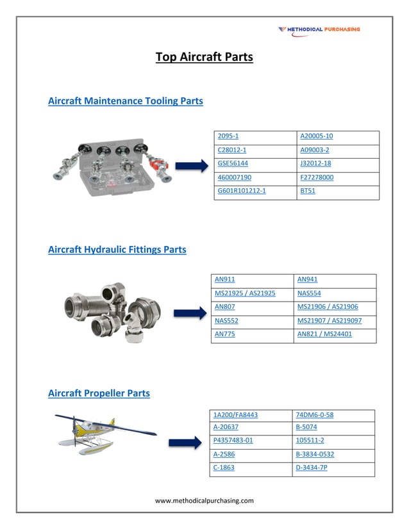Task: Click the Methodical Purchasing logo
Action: (x=319, y=29)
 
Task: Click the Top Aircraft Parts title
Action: (x=204, y=58)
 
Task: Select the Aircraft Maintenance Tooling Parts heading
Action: (x=126, y=101)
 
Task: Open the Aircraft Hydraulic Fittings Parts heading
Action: (x=117, y=250)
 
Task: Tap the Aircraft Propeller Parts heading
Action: (x=99, y=393)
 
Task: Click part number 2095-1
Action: (x=228, y=136)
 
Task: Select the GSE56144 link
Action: (x=233, y=164)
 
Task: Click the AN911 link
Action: (x=224, y=280)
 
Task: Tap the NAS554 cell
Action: (x=309, y=293)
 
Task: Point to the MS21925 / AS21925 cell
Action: (x=246, y=293)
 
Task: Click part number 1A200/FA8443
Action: (x=235, y=415)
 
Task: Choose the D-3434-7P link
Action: (x=312, y=468)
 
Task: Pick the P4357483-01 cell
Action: (x=233, y=441)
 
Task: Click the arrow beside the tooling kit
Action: (x=192, y=167)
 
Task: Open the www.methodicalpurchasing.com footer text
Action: (x=204, y=501)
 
